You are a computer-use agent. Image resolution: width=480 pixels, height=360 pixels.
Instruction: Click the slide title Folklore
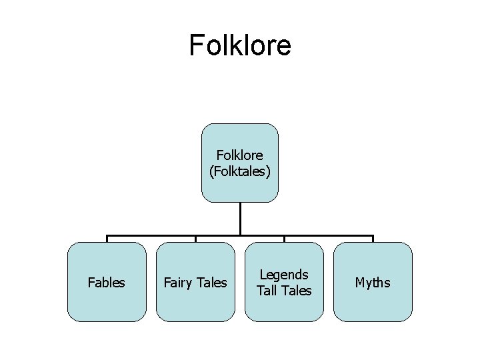pyautogui.click(x=240, y=45)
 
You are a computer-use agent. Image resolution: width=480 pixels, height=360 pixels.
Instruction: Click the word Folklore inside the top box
pyautogui.click(x=240, y=156)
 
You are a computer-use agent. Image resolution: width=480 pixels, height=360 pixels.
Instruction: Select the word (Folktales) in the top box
pyautogui.click(x=240, y=171)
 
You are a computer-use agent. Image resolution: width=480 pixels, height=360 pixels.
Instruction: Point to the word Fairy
pyautogui.click(x=178, y=283)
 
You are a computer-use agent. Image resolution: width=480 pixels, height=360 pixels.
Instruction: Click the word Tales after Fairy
pyautogui.click(x=211, y=283)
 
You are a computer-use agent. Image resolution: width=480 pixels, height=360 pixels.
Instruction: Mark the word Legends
pyautogui.click(x=284, y=275)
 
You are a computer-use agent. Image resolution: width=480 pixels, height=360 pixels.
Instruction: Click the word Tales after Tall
pyautogui.click(x=295, y=290)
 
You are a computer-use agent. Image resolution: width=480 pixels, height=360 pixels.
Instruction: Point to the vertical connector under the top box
pyautogui.click(x=240, y=218)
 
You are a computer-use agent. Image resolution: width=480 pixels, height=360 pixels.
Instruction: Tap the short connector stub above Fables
pyautogui.click(x=107, y=239)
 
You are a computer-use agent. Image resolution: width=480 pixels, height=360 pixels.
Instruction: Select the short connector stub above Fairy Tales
pyautogui.click(x=195, y=239)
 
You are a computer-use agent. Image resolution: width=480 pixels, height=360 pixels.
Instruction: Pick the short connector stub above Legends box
pyautogui.click(x=284, y=239)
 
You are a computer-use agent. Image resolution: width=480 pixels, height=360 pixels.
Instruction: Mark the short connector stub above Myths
pyautogui.click(x=373, y=239)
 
